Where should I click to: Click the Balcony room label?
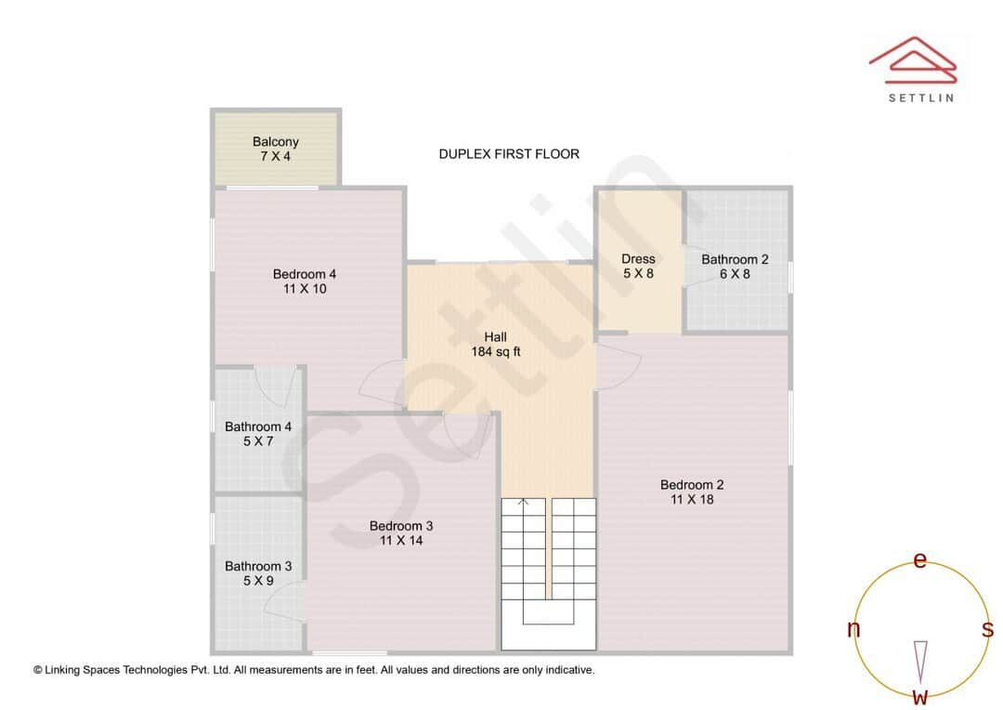coord(276,149)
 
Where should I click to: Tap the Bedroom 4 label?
coord(305,281)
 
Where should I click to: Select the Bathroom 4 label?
coord(258,434)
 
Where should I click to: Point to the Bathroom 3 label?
coord(258,573)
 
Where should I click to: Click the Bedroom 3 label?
coord(401,532)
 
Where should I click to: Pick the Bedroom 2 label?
coord(692,492)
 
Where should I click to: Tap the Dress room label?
coord(638,266)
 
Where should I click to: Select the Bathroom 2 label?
coord(735,266)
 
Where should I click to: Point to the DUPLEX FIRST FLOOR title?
coord(509,153)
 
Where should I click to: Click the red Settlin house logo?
coord(912,59)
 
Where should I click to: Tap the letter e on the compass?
coord(920,559)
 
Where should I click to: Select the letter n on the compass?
coord(853,629)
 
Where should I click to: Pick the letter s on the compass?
coord(987,629)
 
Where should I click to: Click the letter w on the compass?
coord(920,696)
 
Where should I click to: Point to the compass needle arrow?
coord(920,661)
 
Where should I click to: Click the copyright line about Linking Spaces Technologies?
coord(314,669)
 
